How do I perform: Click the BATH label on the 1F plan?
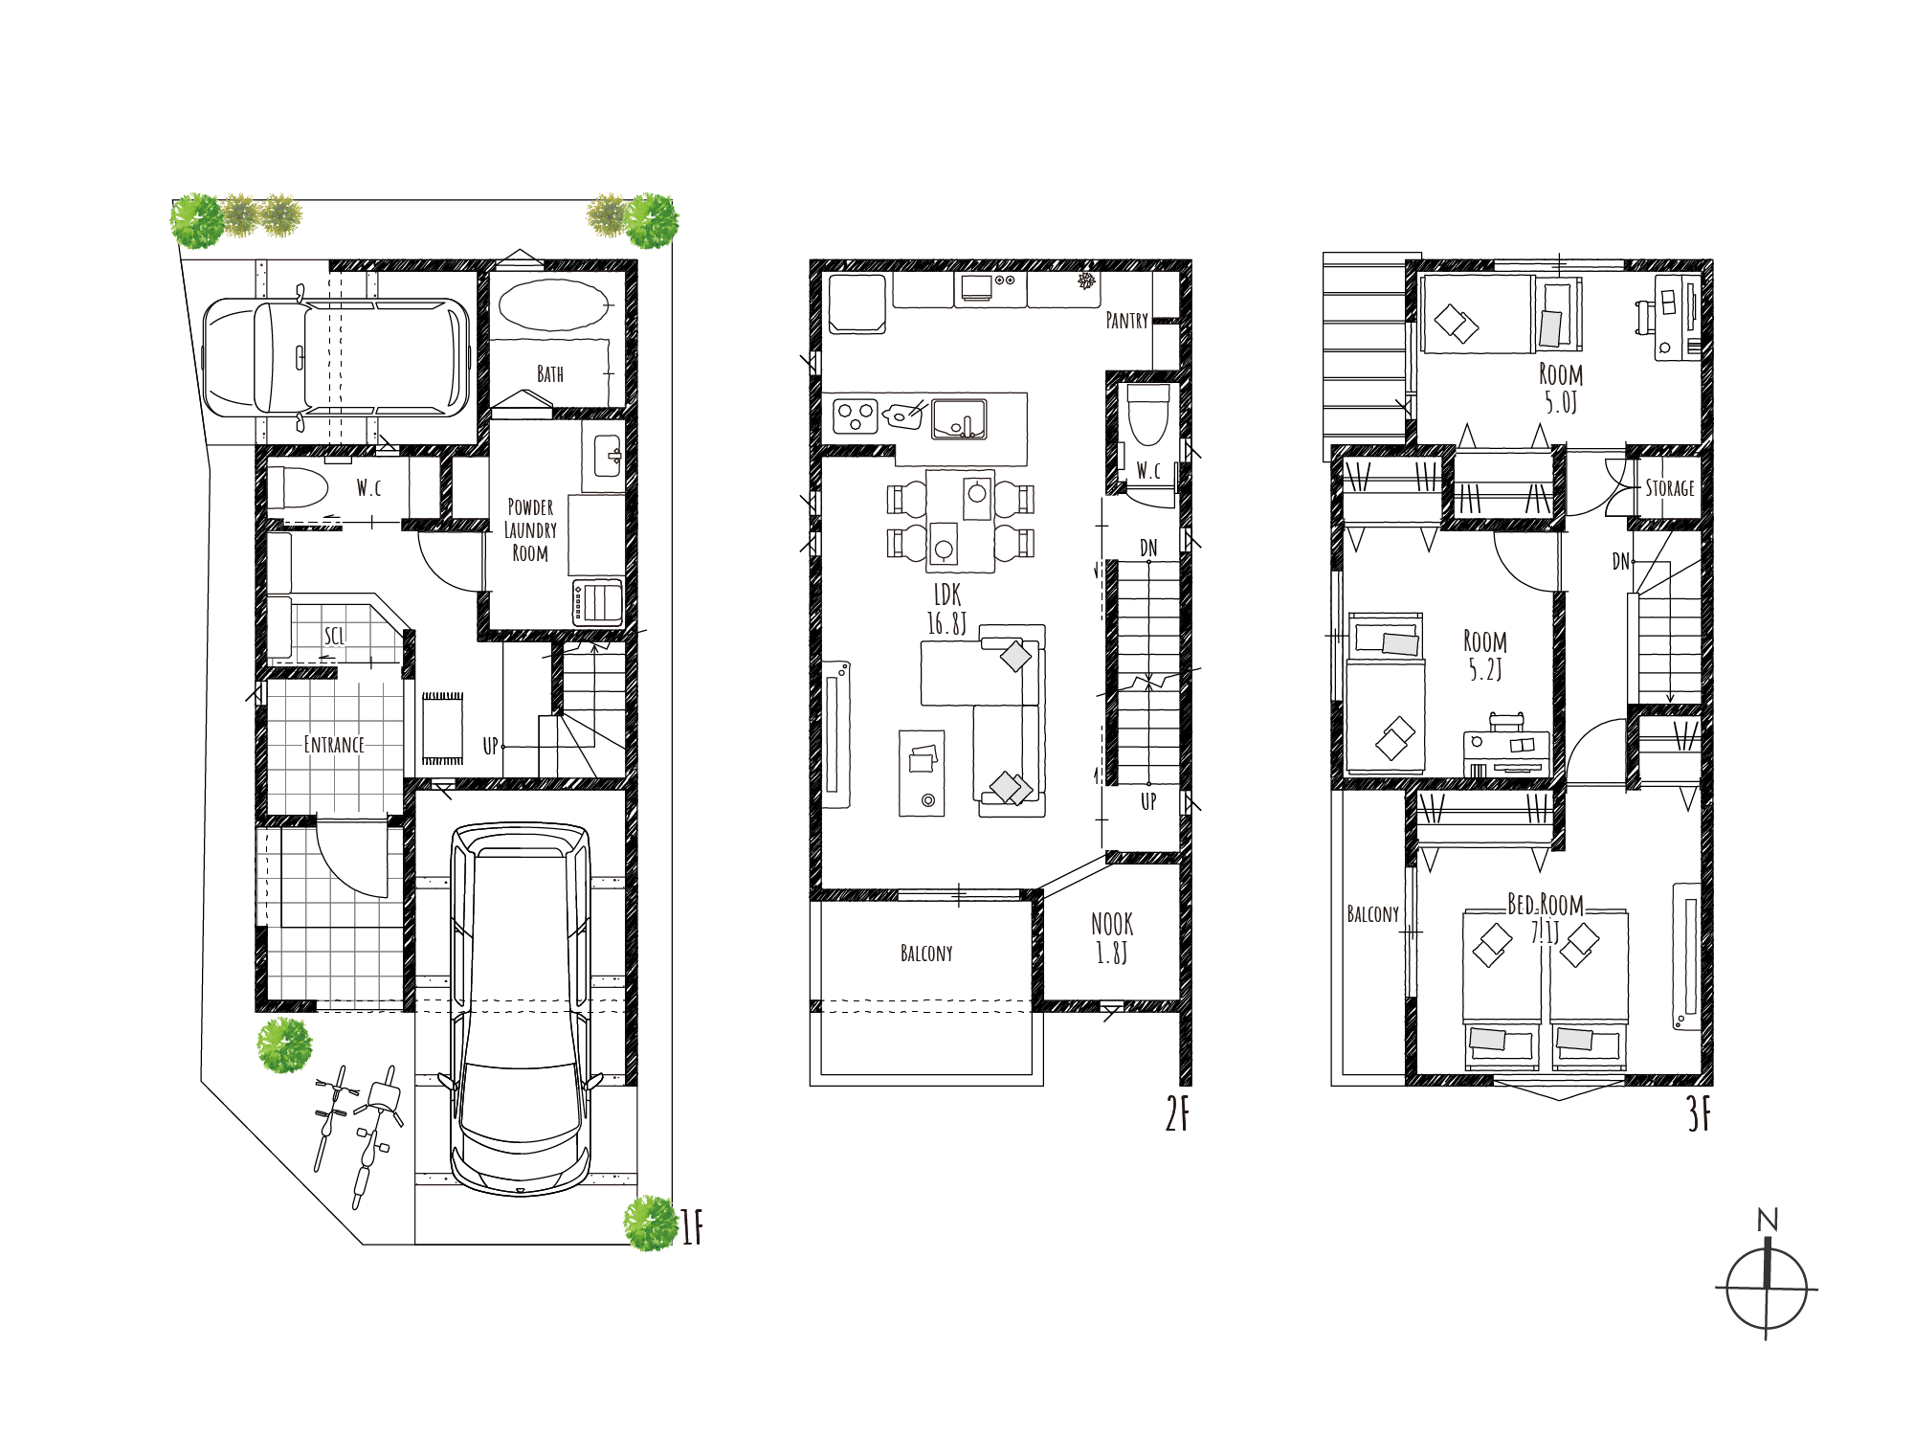[x=550, y=373]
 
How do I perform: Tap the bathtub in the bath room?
[x=553, y=305]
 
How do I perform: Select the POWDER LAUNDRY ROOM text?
[x=530, y=529]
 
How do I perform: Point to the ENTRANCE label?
[x=334, y=744]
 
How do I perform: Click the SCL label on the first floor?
[x=334, y=636]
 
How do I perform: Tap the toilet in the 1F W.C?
[x=298, y=487]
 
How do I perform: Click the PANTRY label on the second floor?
[x=1126, y=321]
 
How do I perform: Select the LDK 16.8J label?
[x=946, y=609]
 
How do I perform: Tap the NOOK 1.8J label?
[x=1112, y=938]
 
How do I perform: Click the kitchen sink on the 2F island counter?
[x=960, y=419]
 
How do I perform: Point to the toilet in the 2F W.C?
[x=1148, y=415]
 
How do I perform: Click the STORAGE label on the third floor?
[x=1670, y=488]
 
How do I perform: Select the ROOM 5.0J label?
[x=1561, y=388]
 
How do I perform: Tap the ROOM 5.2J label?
[x=1485, y=655]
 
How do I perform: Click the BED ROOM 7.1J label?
[x=1546, y=917]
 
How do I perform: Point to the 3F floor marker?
[x=1699, y=1113]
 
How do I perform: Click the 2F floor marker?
[x=1178, y=1113]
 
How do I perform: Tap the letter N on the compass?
[x=1768, y=1220]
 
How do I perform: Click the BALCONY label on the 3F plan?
[x=1373, y=914]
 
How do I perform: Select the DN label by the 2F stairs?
[x=1148, y=548]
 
